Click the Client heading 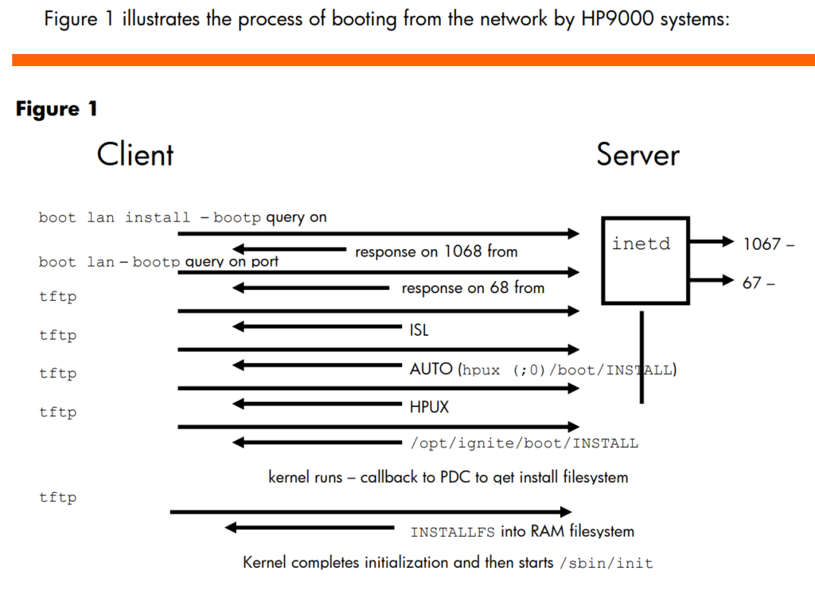[135, 154]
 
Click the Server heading [638, 154]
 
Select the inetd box [603, 260]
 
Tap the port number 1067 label [762, 244]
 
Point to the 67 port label [751, 283]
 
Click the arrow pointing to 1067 [711, 241]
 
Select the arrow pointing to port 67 [711, 280]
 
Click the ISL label [419, 330]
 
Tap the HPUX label [429, 407]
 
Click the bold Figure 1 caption [57, 108]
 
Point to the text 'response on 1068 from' [436, 252]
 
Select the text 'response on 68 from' [473, 288]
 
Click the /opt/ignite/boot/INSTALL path [524, 443]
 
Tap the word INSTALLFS [453, 533]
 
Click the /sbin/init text [606, 563]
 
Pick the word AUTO [431, 369]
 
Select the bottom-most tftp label [57, 498]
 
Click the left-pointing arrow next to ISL [317, 327]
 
